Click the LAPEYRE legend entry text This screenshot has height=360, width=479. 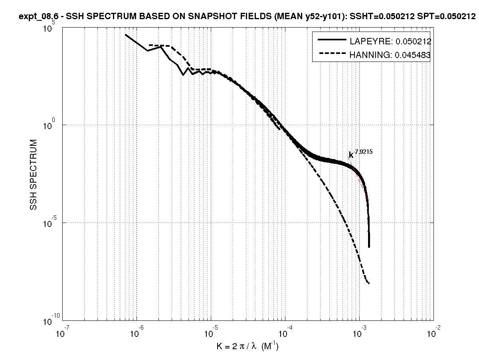point(390,41)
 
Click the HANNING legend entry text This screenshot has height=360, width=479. point(390,56)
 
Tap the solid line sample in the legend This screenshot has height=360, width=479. point(331,40)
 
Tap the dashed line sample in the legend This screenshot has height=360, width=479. point(331,55)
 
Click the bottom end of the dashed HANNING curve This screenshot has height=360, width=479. point(369,283)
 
